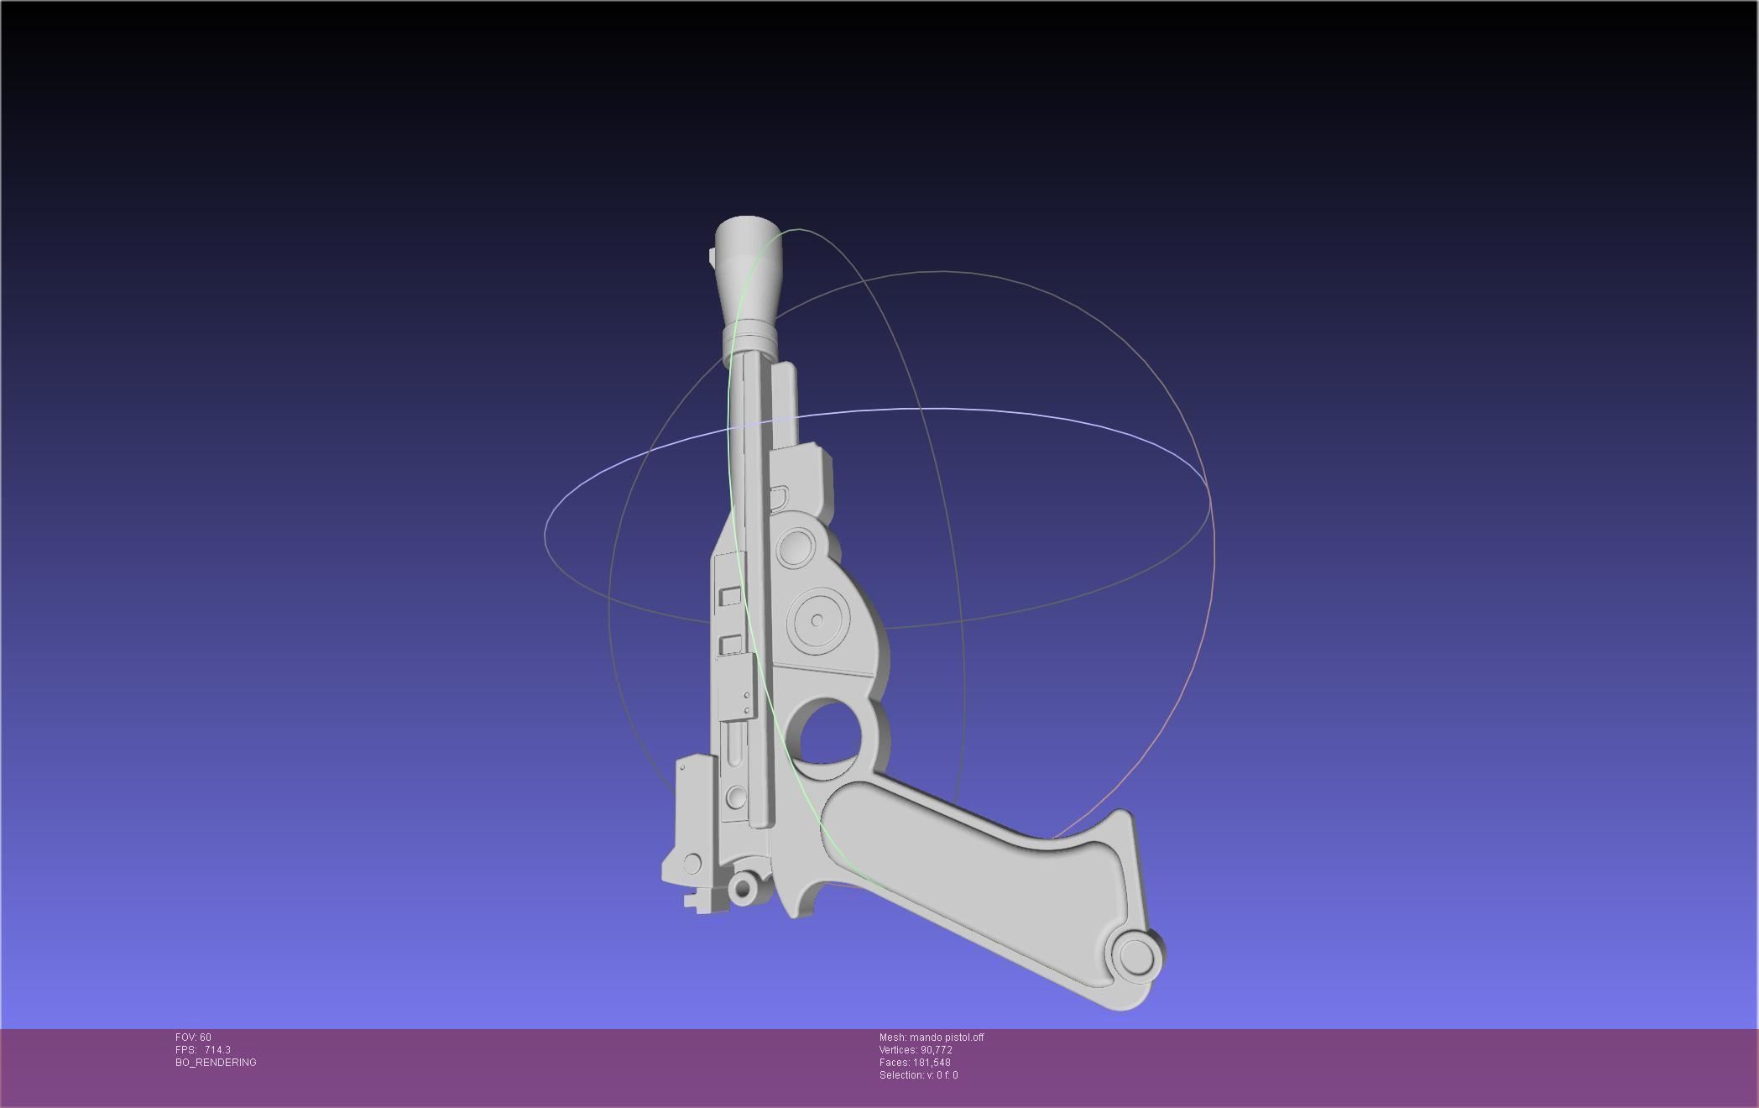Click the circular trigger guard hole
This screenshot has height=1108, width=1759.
(x=829, y=736)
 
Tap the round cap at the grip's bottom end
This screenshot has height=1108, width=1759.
(x=1135, y=956)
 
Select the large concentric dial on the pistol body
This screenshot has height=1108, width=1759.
(x=817, y=621)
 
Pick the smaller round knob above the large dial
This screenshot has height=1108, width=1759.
(x=794, y=547)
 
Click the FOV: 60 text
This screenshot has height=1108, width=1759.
(x=193, y=1037)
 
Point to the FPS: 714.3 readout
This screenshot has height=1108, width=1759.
(x=202, y=1050)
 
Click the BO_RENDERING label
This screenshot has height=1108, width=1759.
(x=216, y=1063)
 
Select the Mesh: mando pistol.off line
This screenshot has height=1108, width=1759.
(x=931, y=1037)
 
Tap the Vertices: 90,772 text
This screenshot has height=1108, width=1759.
(x=915, y=1050)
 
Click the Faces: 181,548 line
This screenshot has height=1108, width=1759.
(x=914, y=1063)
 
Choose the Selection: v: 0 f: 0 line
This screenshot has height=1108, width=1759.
(x=918, y=1075)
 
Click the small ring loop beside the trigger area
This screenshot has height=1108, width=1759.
(x=744, y=887)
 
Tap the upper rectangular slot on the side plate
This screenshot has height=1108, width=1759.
(x=730, y=596)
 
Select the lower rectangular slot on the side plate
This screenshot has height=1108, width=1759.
(x=730, y=644)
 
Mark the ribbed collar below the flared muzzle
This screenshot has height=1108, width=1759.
(x=747, y=345)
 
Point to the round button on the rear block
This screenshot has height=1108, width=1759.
(x=692, y=863)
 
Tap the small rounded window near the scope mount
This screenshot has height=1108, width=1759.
(x=779, y=497)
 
